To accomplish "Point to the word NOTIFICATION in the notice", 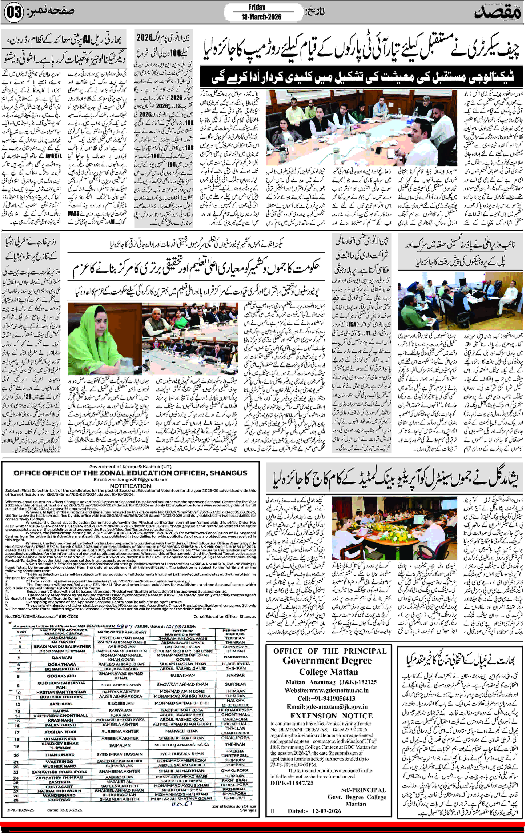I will click(131, 486).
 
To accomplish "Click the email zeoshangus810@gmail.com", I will click(131, 479).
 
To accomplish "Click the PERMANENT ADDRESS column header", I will click(235, 632).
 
